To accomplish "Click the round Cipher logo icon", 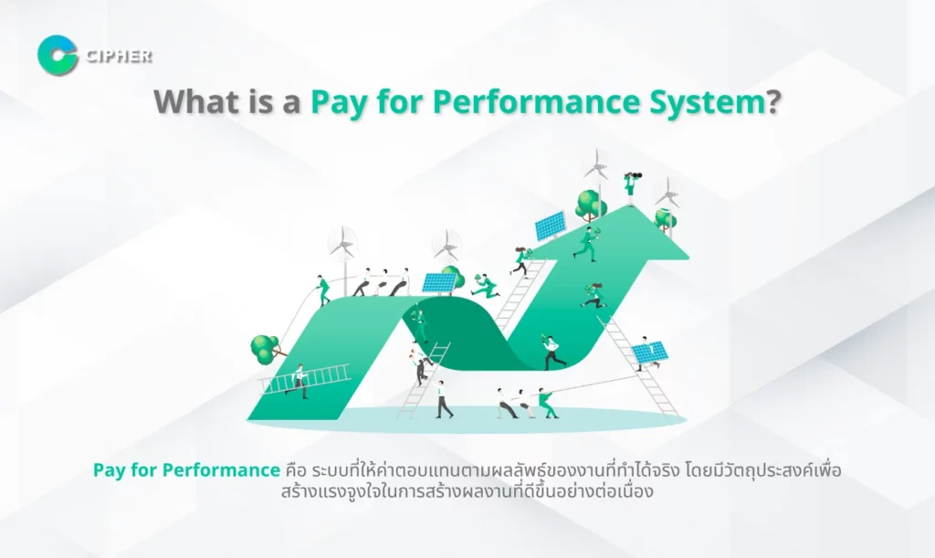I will coord(58,55).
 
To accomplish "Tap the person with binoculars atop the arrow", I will coord(629,188).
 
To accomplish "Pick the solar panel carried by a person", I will coord(650,351).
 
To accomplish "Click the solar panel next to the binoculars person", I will coord(551,224).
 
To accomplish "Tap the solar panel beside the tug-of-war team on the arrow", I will coord(438,282).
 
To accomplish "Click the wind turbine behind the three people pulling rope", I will coord(344,244).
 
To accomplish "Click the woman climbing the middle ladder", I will coord(520,261).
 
